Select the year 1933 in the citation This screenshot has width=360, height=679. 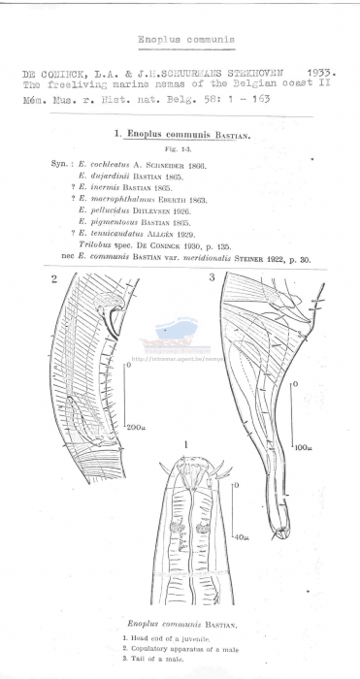point(320,73)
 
